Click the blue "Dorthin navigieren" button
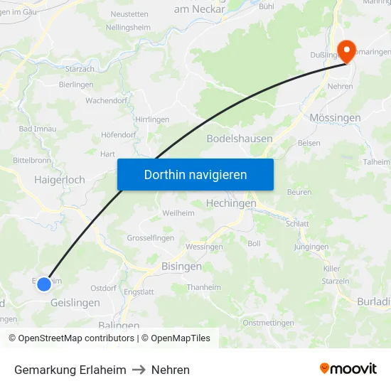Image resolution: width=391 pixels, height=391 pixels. click(x=195, y=174)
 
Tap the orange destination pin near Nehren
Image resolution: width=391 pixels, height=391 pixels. click(x=346, y=51)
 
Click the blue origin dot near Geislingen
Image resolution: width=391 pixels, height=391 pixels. click(x=44, y=284)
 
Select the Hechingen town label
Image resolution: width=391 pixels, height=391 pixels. click(x=230, y=203)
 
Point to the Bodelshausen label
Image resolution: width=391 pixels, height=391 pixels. click(x=240, y=139)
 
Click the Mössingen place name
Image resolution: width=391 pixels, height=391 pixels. click(x=336, y=117)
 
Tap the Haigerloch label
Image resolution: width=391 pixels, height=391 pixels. click(x=60, y=180)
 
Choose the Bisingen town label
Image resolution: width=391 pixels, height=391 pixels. click(x=178, y=267)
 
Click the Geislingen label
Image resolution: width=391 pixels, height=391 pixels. click(x=75, y=302)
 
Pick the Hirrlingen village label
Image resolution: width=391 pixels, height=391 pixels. click(x=152, y=119)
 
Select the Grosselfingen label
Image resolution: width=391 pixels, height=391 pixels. click(x=150, y=238)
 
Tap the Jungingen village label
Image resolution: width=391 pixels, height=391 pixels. click(x=311, y=247)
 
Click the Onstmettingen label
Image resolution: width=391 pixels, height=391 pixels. click(x=268, y=323)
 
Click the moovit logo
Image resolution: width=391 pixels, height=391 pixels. click(x=348, y=369)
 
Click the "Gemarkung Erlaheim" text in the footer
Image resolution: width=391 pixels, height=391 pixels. click(x=70, y=370)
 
